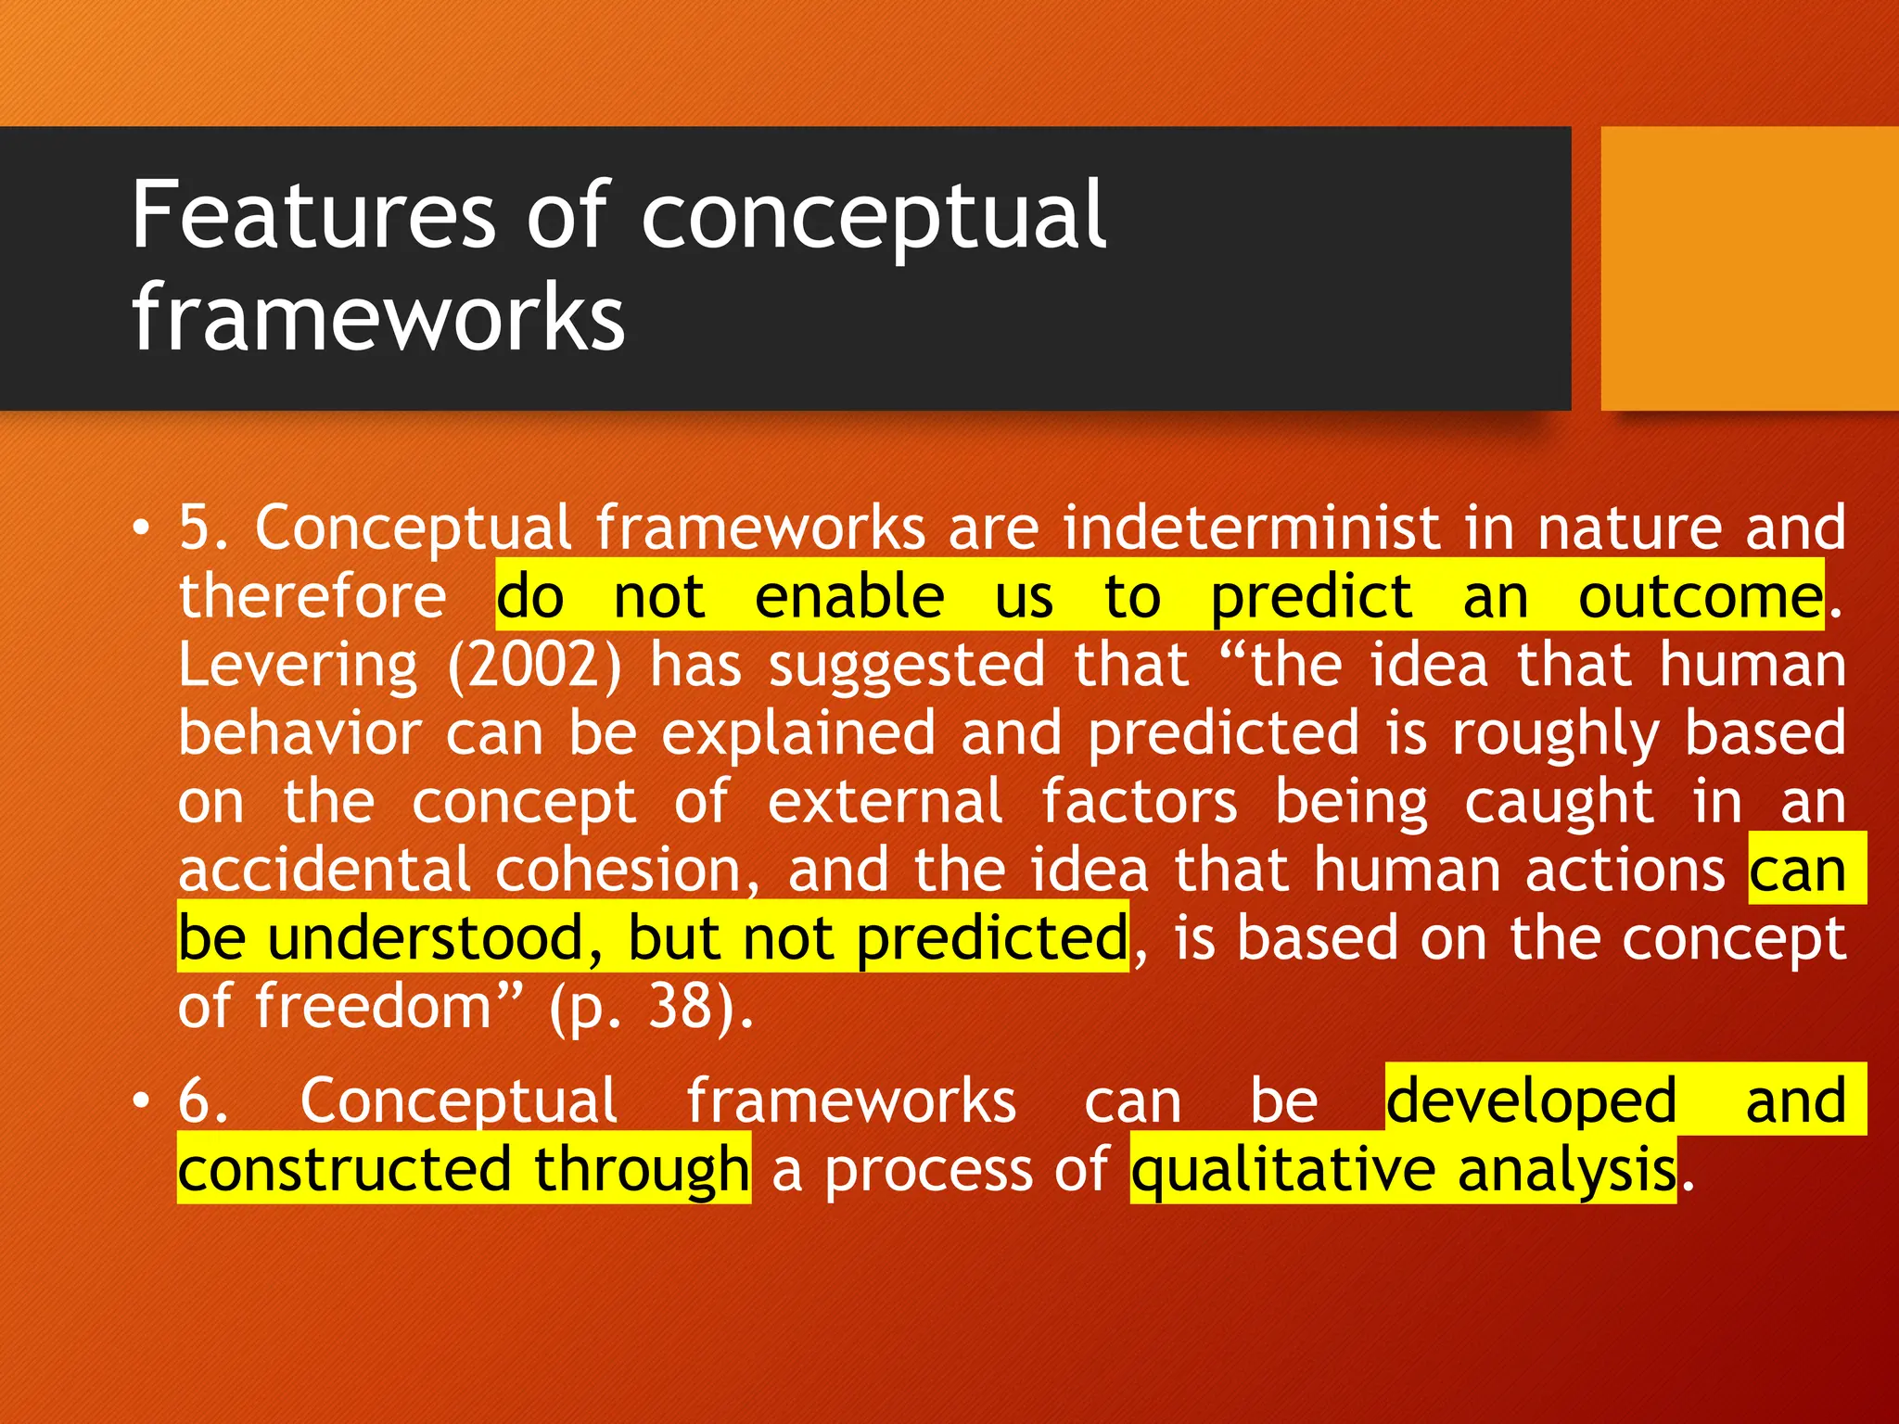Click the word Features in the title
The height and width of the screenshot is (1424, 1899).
(x=313, y=215)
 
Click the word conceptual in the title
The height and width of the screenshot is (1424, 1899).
(x=873, y=217)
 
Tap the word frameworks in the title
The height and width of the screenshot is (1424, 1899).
(x=378, y=317)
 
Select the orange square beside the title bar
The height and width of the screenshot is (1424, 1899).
(x=1749, y=269)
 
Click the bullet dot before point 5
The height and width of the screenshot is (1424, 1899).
(x=140, y=528)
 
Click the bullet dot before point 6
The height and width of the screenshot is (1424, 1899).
(x=140, y=1101)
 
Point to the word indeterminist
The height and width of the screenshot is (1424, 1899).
(x=1252, y=528)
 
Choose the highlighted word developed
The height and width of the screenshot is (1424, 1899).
(x=1531, y=1101)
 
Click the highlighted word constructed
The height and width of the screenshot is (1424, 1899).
(x=344, y=1170)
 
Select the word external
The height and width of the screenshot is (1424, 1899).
(x=885, y=803)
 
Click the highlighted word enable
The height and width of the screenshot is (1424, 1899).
(x=849, y=597)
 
